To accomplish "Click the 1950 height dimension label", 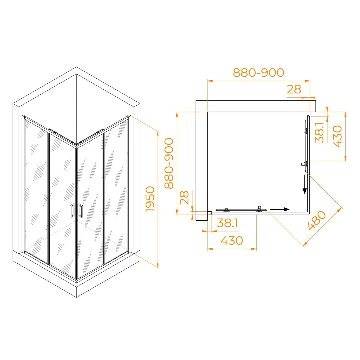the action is (x=150, y=199).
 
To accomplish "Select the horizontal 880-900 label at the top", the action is (x=259, y=73).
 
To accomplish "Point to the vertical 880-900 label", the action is (x=169, y=163).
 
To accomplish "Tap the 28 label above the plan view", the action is (x=294, y=89).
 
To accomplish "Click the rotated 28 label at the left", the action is (x=184, y=197).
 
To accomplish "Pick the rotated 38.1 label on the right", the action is (x=319, y=132).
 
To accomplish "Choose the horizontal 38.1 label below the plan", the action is (x=228, y=223).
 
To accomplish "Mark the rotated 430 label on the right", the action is (x=337, y=136).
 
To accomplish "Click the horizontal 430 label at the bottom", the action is (x=232, y=241).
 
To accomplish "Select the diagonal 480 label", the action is (x=317, y=220).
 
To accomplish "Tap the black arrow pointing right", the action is (x=280, y=209).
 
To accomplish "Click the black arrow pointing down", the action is (x=305, y=184).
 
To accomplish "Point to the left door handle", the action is (x=72, y=211).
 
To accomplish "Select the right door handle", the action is (x=81, y=211).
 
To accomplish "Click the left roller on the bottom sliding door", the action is (x=226, y=210).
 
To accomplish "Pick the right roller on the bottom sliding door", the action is (x=259, y=209).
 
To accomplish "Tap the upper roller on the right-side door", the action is (x=306, y=131).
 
